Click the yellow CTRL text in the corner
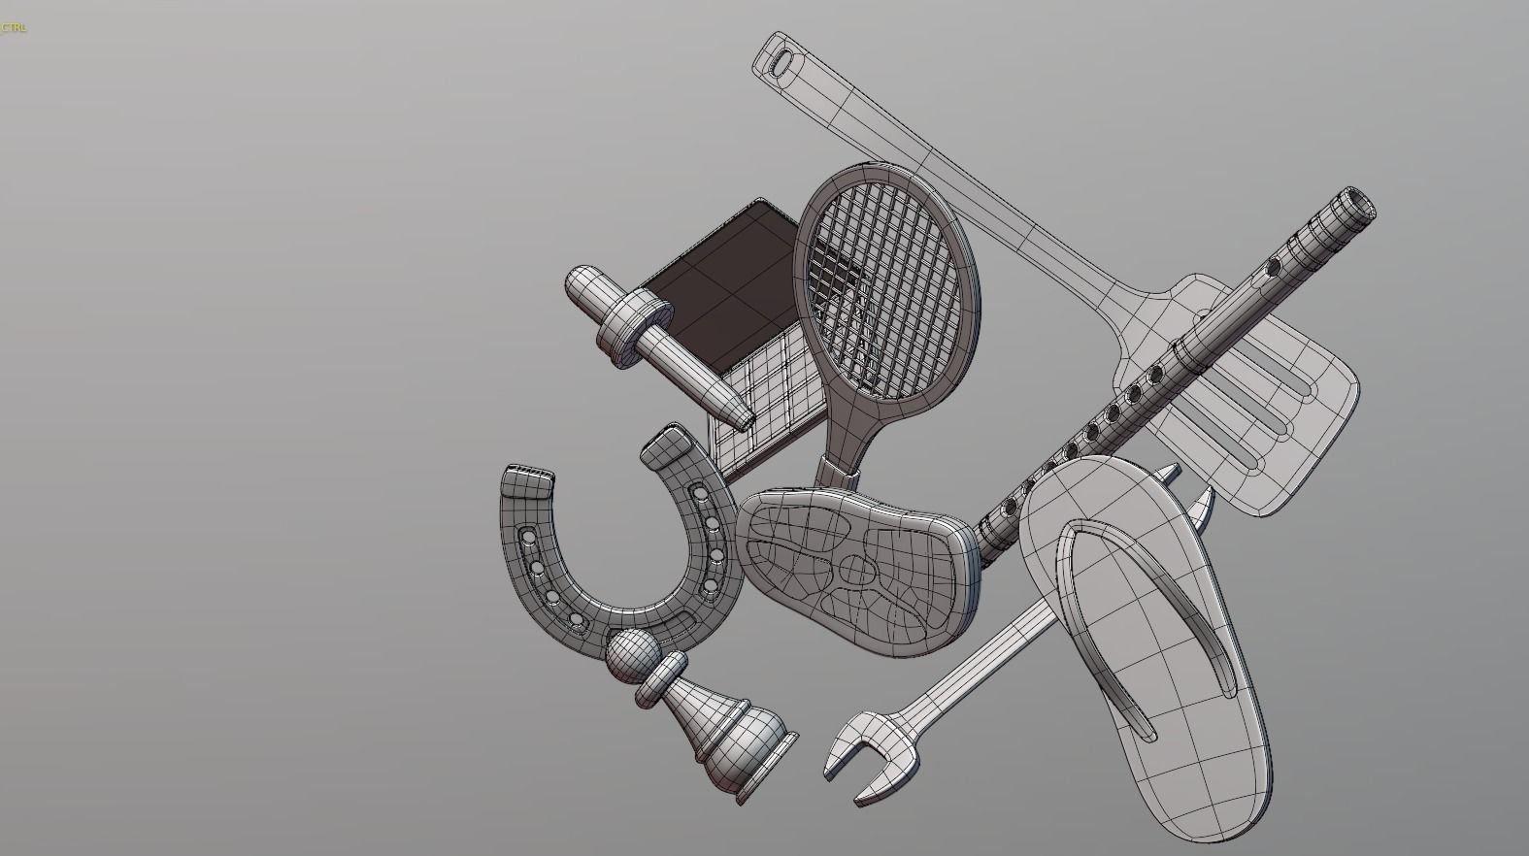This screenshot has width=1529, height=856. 14,27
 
